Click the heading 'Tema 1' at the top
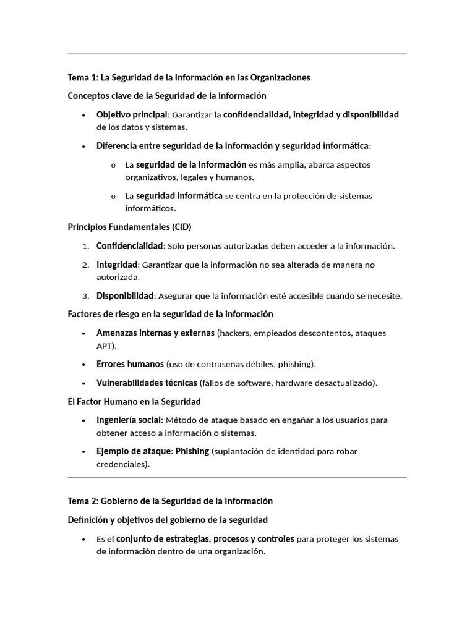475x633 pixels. (x=189, y=77)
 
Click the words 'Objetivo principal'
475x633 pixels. (x=132, y=114)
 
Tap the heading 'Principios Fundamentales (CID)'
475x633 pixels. (x=134, y=227)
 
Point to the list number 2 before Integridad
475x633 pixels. (x=85, y=265)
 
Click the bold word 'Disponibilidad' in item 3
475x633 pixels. (x=124, y=295)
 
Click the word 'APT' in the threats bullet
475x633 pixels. (x=105, y=346)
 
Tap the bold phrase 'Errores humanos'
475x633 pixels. (x=130, y=364)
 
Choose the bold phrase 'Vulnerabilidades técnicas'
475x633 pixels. (x=147, y=383)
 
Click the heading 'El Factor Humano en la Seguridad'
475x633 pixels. (x=134, y=401)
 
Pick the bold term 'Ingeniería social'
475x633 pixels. (x=129, y=420)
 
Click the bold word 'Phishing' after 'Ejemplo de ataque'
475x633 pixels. (x=192, y=451)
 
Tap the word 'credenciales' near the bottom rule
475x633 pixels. (x=121, y=464)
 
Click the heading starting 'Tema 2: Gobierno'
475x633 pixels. (x=170, y=501)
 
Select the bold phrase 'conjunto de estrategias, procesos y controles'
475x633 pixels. (x=205, y=538)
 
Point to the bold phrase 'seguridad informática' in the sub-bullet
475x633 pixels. (x=179, y=196)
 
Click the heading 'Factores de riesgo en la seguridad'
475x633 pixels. (x=170, y=314)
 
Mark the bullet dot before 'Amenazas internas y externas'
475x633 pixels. (x=83, y=333)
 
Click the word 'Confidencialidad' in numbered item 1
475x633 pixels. (x=129, y=246)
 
